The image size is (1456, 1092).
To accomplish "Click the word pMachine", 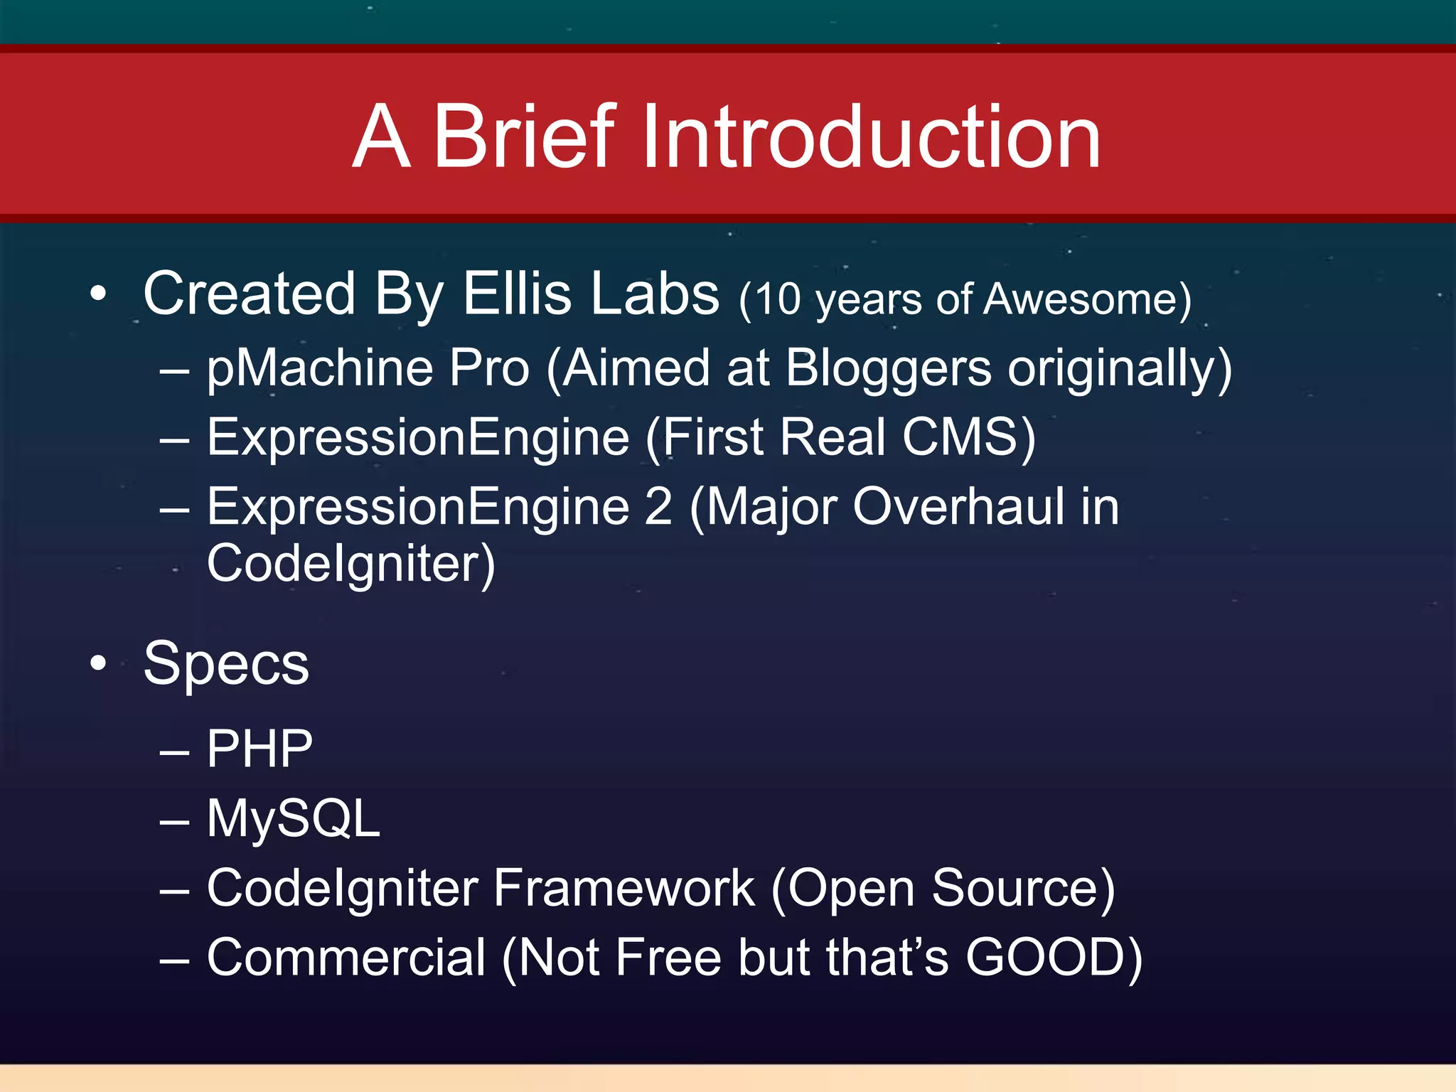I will (x=320, y=368).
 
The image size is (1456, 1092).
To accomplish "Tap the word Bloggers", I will (x=888, y=368).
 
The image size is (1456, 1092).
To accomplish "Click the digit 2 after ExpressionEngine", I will (x=658, y=507).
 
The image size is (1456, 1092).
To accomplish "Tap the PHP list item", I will (x=259, y=749).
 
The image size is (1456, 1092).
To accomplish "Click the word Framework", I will (x=623, y=889).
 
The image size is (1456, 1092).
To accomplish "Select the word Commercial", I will (x=346, y=958).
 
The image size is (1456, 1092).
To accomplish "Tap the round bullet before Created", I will (x=98, y=294).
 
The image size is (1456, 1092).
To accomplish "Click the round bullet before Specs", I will (x=98, y=663).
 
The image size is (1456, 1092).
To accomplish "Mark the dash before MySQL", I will (x=174, y=822).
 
